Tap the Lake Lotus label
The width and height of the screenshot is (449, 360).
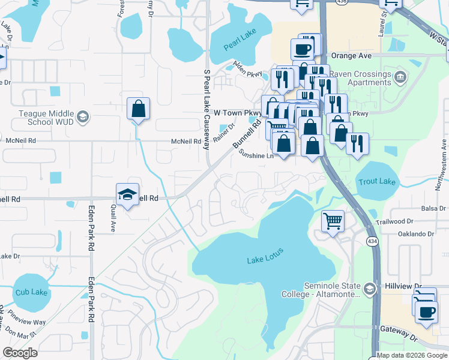coord(264,259)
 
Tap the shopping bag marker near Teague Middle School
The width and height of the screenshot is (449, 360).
coord(138,109)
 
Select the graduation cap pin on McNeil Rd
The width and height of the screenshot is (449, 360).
coord(127,194)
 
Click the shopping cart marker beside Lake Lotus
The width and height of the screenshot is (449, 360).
coord(333,220)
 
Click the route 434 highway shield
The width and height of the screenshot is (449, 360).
coord(372,240)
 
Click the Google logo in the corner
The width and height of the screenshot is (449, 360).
coord(20,353)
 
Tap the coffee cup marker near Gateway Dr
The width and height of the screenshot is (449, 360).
coord(426,313)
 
